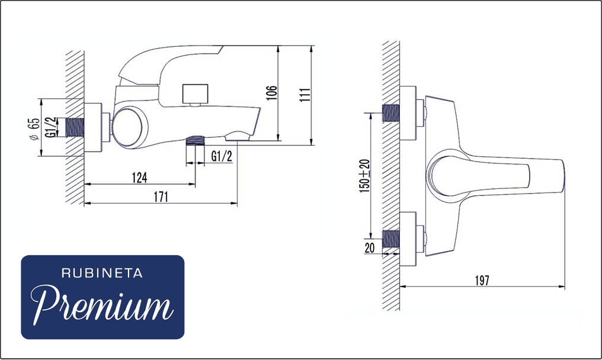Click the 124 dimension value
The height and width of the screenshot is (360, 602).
point(139,178)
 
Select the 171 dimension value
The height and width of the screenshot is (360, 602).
point(161,197)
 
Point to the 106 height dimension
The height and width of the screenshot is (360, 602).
point(271,93)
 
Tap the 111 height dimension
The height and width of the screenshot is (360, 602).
point(305,95)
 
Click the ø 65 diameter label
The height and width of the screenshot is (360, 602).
point(34,128)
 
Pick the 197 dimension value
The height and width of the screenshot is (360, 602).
point(482,281)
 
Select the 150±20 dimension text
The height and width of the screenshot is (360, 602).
point(365,176)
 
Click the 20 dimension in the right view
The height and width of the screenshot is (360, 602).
point(369,247)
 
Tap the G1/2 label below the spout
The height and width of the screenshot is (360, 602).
point(222,156)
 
